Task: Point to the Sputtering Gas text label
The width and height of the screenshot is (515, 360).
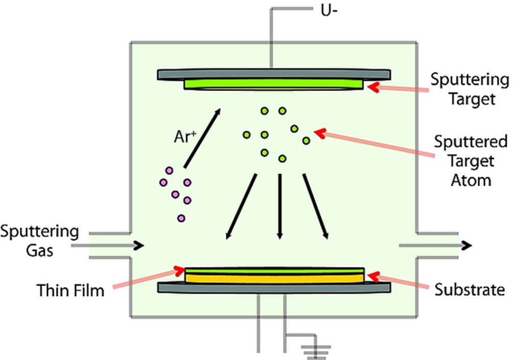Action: pos(39,241)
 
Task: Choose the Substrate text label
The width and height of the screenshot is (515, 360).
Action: pos(469,290)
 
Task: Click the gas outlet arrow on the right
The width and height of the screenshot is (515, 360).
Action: pos(434,245)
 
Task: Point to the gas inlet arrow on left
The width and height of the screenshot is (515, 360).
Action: pos(107,246)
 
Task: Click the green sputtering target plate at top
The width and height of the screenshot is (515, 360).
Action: pos(273,83)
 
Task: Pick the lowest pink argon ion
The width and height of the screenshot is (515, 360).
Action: pos(181,218)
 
